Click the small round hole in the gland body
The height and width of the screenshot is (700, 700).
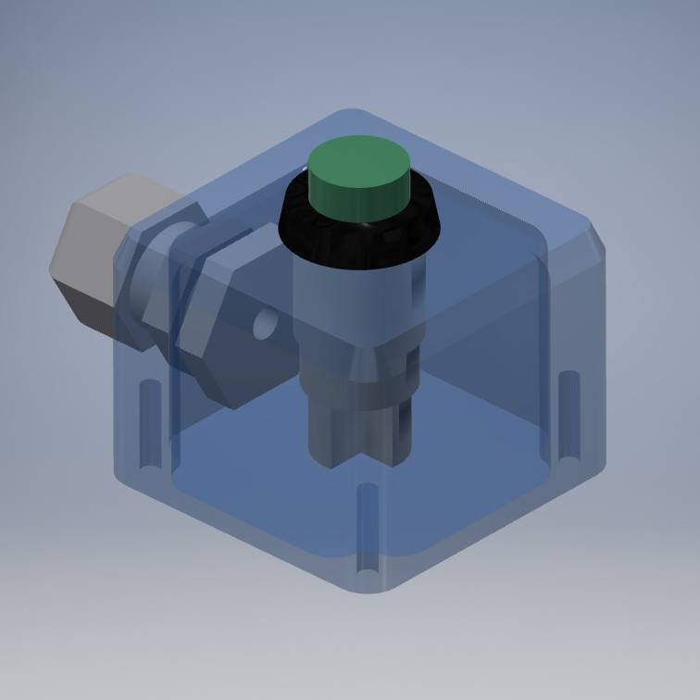tap(266, 323)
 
